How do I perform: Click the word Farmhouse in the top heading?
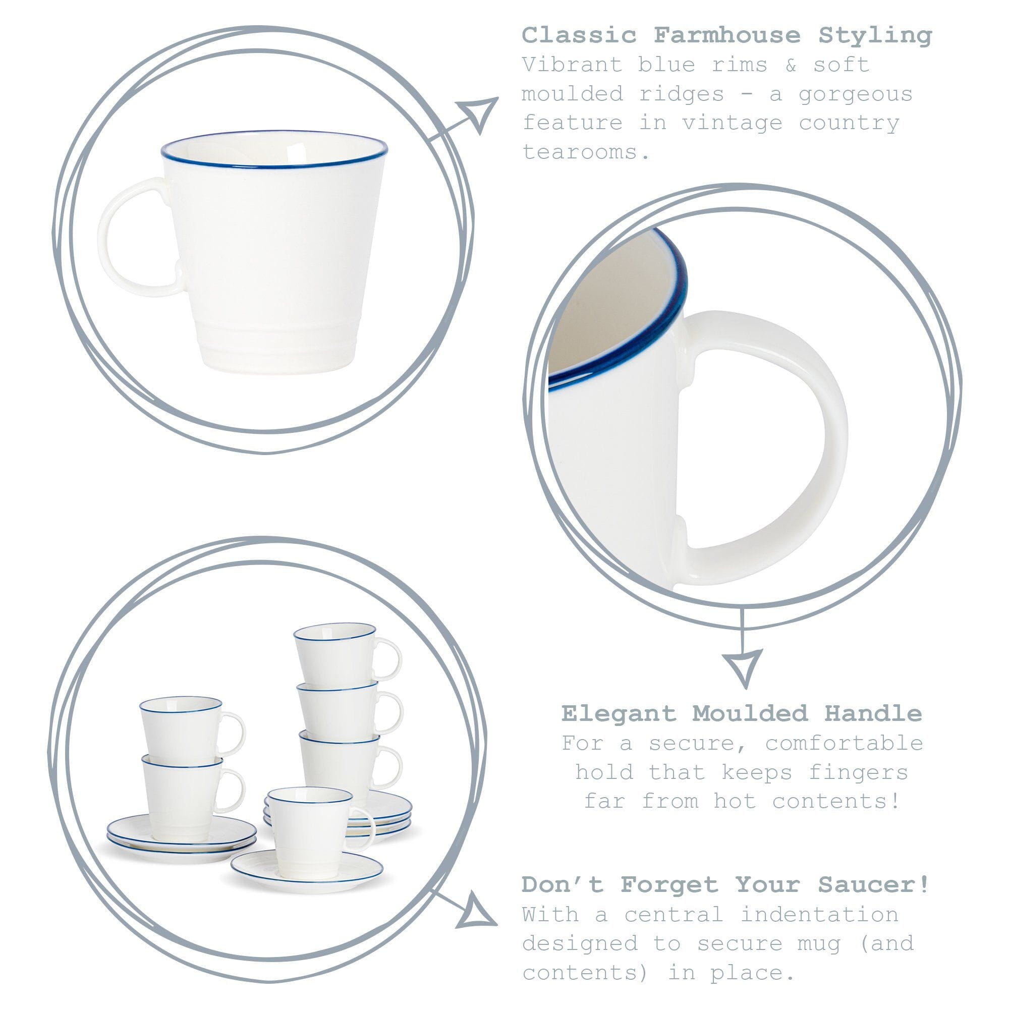pos(726,36)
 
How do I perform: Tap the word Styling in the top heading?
pos(875,36)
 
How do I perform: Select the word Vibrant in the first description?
pos(572,65)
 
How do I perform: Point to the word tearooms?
pos(586,152)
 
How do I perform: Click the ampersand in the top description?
pos(791,65)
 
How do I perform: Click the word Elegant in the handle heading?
pos(619,713)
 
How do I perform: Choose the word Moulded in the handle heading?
pos(750,713)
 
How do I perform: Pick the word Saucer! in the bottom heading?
pos(874,885)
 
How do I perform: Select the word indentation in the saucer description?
pos(819,915)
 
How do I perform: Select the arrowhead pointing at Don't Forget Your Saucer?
pos(476,912)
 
